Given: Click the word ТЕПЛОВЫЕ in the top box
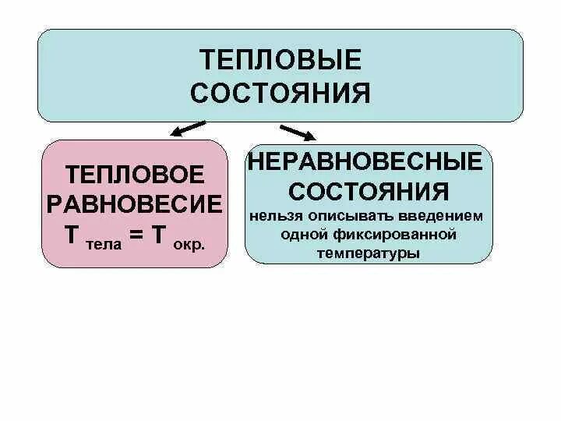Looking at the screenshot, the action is click(x=280, y=61).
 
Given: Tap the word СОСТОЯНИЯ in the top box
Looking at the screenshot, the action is click(x=280, y=93).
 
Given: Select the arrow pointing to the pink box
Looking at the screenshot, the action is click(x=187, y=128).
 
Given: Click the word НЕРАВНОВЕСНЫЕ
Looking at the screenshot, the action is click(x=369, y=163).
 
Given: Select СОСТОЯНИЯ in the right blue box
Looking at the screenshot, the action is click(x=369, y=192).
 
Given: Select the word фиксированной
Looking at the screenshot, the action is click(x=393, y=234).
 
